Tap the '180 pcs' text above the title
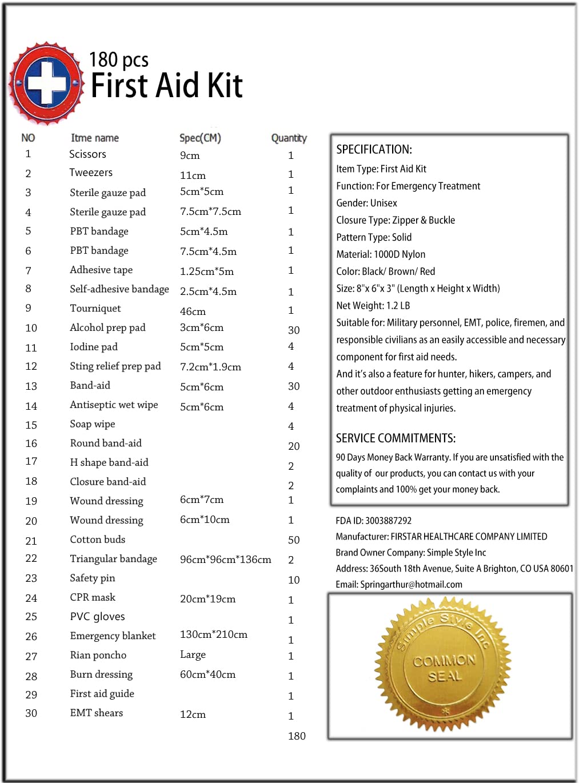[118, 59]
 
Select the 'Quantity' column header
[289, 138]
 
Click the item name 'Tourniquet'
[95, 309]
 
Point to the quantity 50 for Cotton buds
[294, 540]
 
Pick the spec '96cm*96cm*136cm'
[225, 560]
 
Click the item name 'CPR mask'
[93, 597]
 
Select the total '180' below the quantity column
[297, 736]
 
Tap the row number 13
[31, 386]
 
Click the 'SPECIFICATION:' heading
[374, 150]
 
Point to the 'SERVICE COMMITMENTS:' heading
[396, 438]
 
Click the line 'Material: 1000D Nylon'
[381, 254]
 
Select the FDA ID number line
[373, 521]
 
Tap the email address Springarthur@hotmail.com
[399, 585]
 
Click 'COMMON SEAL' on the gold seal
[444, 668]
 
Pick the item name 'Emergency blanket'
[113, 636]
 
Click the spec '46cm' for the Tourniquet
[193, 311]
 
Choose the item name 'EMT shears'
[96, 713]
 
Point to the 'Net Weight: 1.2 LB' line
[373, 306]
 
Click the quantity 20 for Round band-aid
[294, 446]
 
